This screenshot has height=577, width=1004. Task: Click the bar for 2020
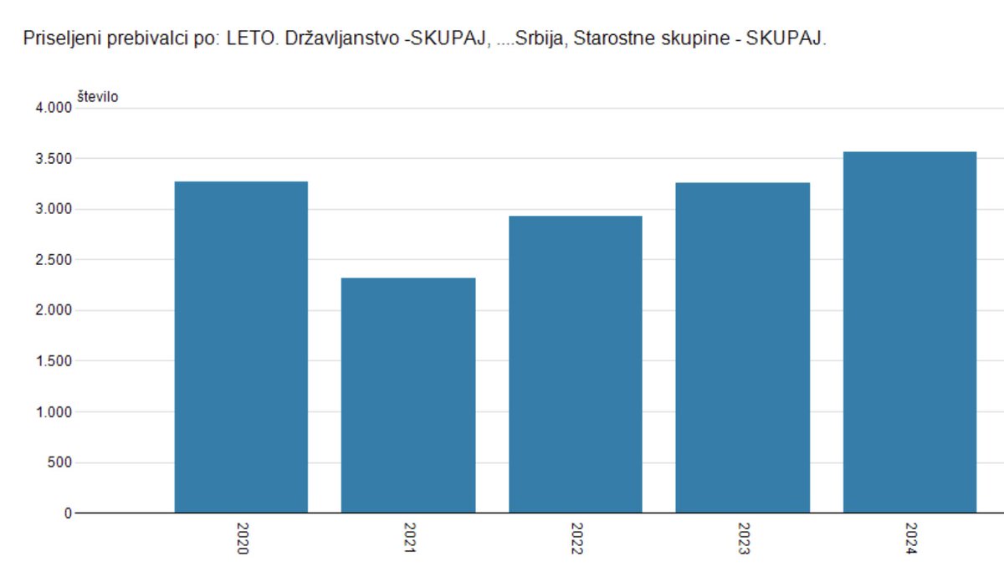(241, 347)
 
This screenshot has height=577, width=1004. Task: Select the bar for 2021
(408, 395)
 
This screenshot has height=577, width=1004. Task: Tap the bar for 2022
(576, 364)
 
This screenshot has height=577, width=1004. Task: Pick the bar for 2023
(743, 347)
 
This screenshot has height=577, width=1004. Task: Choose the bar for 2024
(909, 332)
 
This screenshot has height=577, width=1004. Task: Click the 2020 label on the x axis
(242, 539)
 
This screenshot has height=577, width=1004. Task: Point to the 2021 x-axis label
(409, 539)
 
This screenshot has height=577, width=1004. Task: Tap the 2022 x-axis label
(576, 539)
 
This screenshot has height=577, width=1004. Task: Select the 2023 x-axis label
(744, 539)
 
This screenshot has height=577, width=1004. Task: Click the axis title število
(97, 97)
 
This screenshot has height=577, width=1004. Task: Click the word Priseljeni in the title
(62, 38)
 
